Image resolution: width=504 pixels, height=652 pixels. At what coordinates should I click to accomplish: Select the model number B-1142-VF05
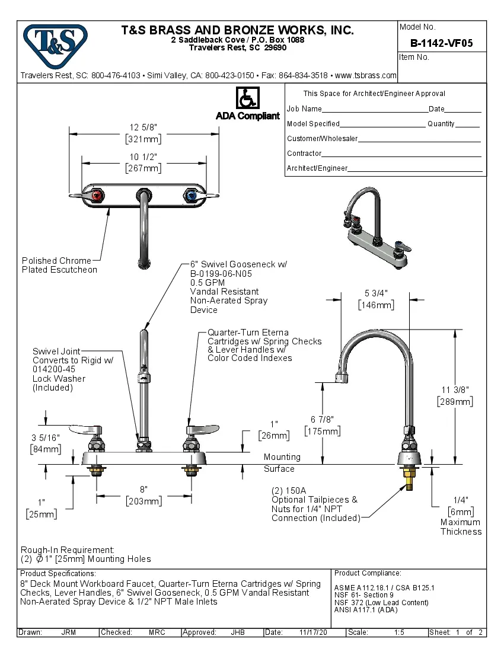pos(441,43)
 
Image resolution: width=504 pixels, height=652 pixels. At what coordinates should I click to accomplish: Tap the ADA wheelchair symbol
pos(247,98)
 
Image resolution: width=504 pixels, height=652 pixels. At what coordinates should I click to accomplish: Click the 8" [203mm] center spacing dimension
pos(143,496)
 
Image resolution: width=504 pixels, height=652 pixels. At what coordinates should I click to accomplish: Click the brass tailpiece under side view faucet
pos(409,478)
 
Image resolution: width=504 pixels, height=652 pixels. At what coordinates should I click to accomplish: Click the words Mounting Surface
pos(282,462)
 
